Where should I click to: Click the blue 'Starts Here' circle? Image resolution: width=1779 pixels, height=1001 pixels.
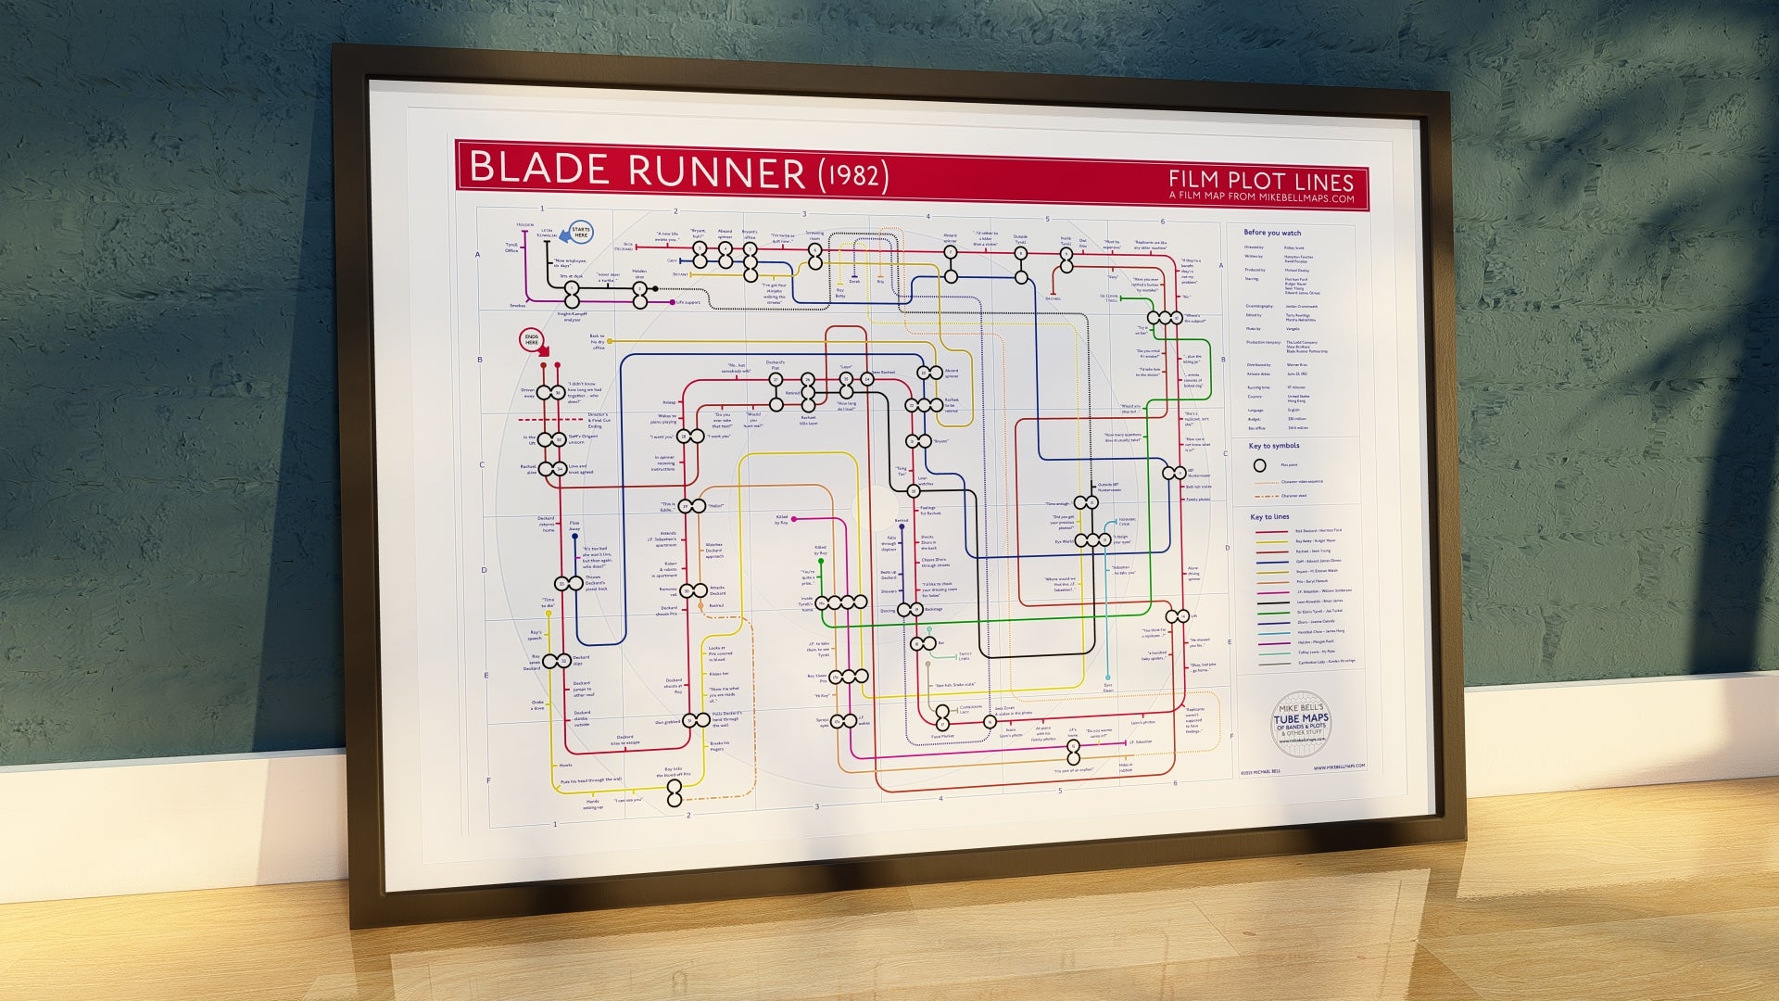coord(581,233)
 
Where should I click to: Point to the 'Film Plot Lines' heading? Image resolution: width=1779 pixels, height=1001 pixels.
coord(1261,181)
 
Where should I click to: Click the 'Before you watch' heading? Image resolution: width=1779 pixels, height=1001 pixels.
coord(1272,233)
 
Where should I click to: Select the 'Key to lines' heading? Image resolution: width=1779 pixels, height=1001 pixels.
coord(1269,517)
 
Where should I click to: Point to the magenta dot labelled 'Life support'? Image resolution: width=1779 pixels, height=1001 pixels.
coord(671,302)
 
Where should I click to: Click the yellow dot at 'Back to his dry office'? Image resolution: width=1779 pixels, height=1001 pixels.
coord(614,342)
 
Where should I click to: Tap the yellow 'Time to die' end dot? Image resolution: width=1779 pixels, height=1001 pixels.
coord(549,615)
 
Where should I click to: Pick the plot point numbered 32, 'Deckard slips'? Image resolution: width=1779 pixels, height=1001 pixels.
coord(561,662)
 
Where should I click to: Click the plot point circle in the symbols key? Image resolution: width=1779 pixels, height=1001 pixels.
coord(1259,465)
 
